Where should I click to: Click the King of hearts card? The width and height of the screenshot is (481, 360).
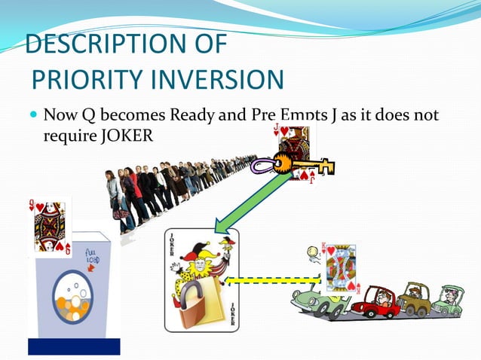tap(341, 268)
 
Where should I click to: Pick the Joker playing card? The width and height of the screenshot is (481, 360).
tap(201, 279)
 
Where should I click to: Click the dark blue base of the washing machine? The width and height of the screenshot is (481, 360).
tap(73, 346)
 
